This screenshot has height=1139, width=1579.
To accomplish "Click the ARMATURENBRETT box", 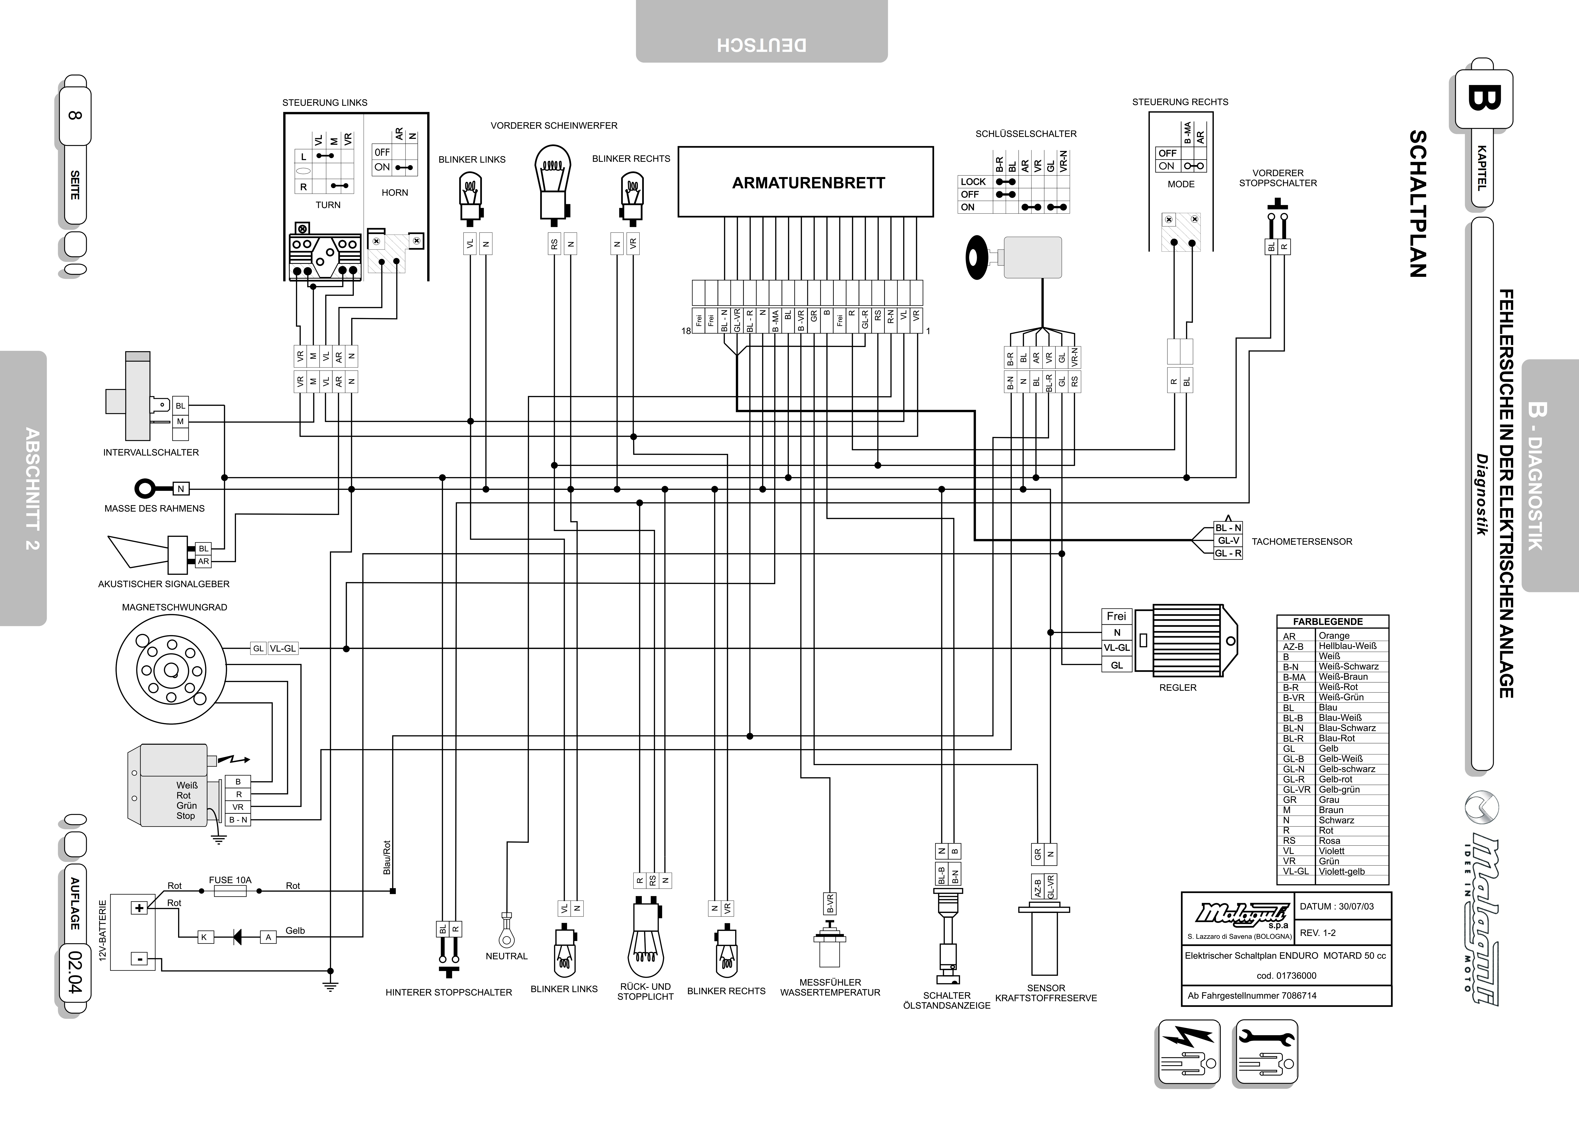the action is click(805, 182).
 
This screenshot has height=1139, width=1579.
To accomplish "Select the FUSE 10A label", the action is click(230, 880).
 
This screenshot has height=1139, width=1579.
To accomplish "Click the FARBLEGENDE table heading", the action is click(1328, 622).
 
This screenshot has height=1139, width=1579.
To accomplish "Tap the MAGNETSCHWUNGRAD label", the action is click(175, 607).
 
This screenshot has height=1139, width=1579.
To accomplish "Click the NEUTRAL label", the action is click(507, 956).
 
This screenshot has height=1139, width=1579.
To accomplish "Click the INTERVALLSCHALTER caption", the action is click(151, 453).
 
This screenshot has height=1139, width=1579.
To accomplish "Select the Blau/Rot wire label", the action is click(387, 858).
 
